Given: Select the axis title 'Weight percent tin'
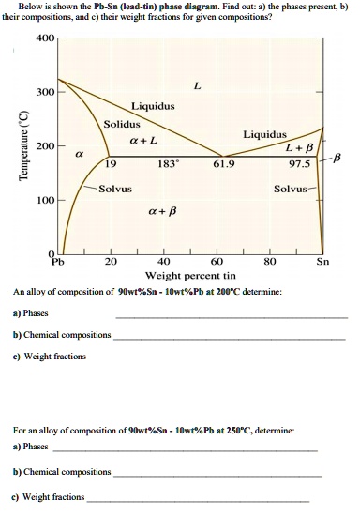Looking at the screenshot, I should [190, 277].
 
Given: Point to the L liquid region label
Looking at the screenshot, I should [196, 85].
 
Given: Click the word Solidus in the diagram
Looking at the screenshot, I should [122, 124].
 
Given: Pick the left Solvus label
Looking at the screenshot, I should [114, 189].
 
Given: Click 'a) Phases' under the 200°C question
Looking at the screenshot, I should [31, 313].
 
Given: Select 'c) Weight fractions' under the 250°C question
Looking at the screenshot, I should [48, 497].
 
